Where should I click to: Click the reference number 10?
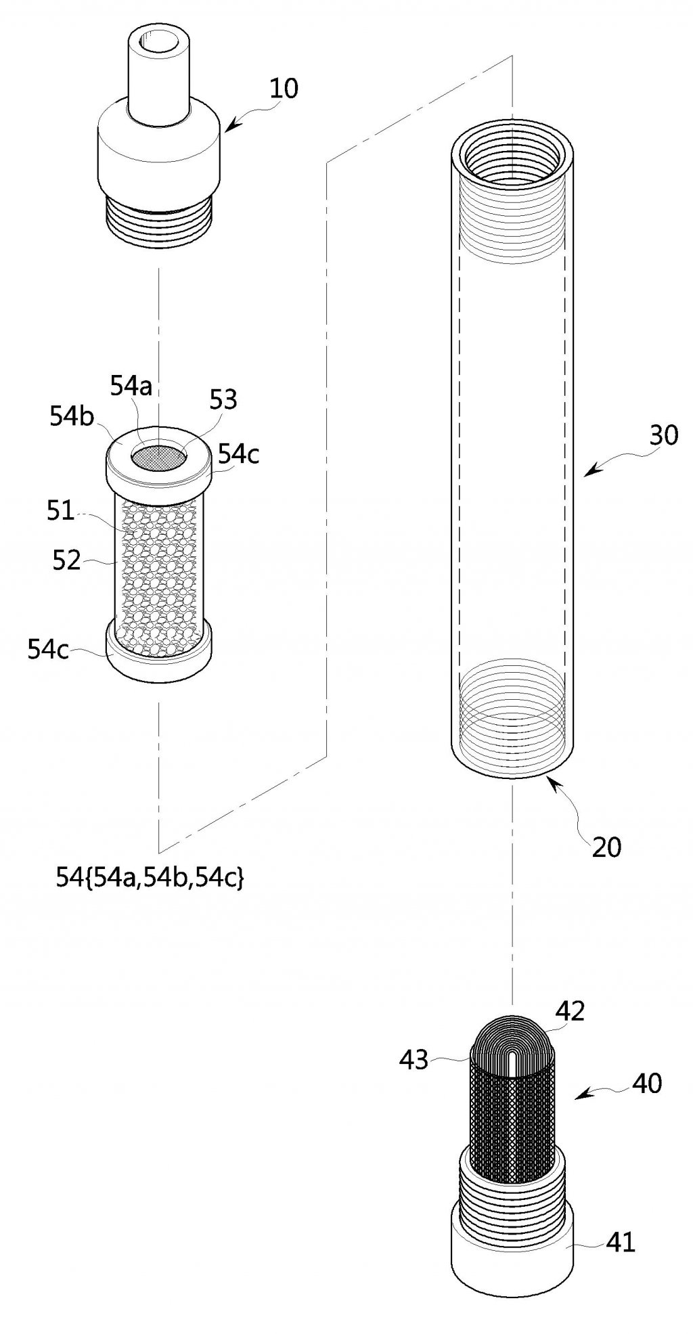tap(284, 89)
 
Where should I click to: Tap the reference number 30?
tap(663, 435)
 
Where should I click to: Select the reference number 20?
tap(606, 847)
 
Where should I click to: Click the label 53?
tap(223, 399)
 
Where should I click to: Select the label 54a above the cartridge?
tap(133, 387)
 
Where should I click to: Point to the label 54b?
tap(72, 416)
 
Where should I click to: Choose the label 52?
tap(66, 560)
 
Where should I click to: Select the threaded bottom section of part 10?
tap(160, 217)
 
